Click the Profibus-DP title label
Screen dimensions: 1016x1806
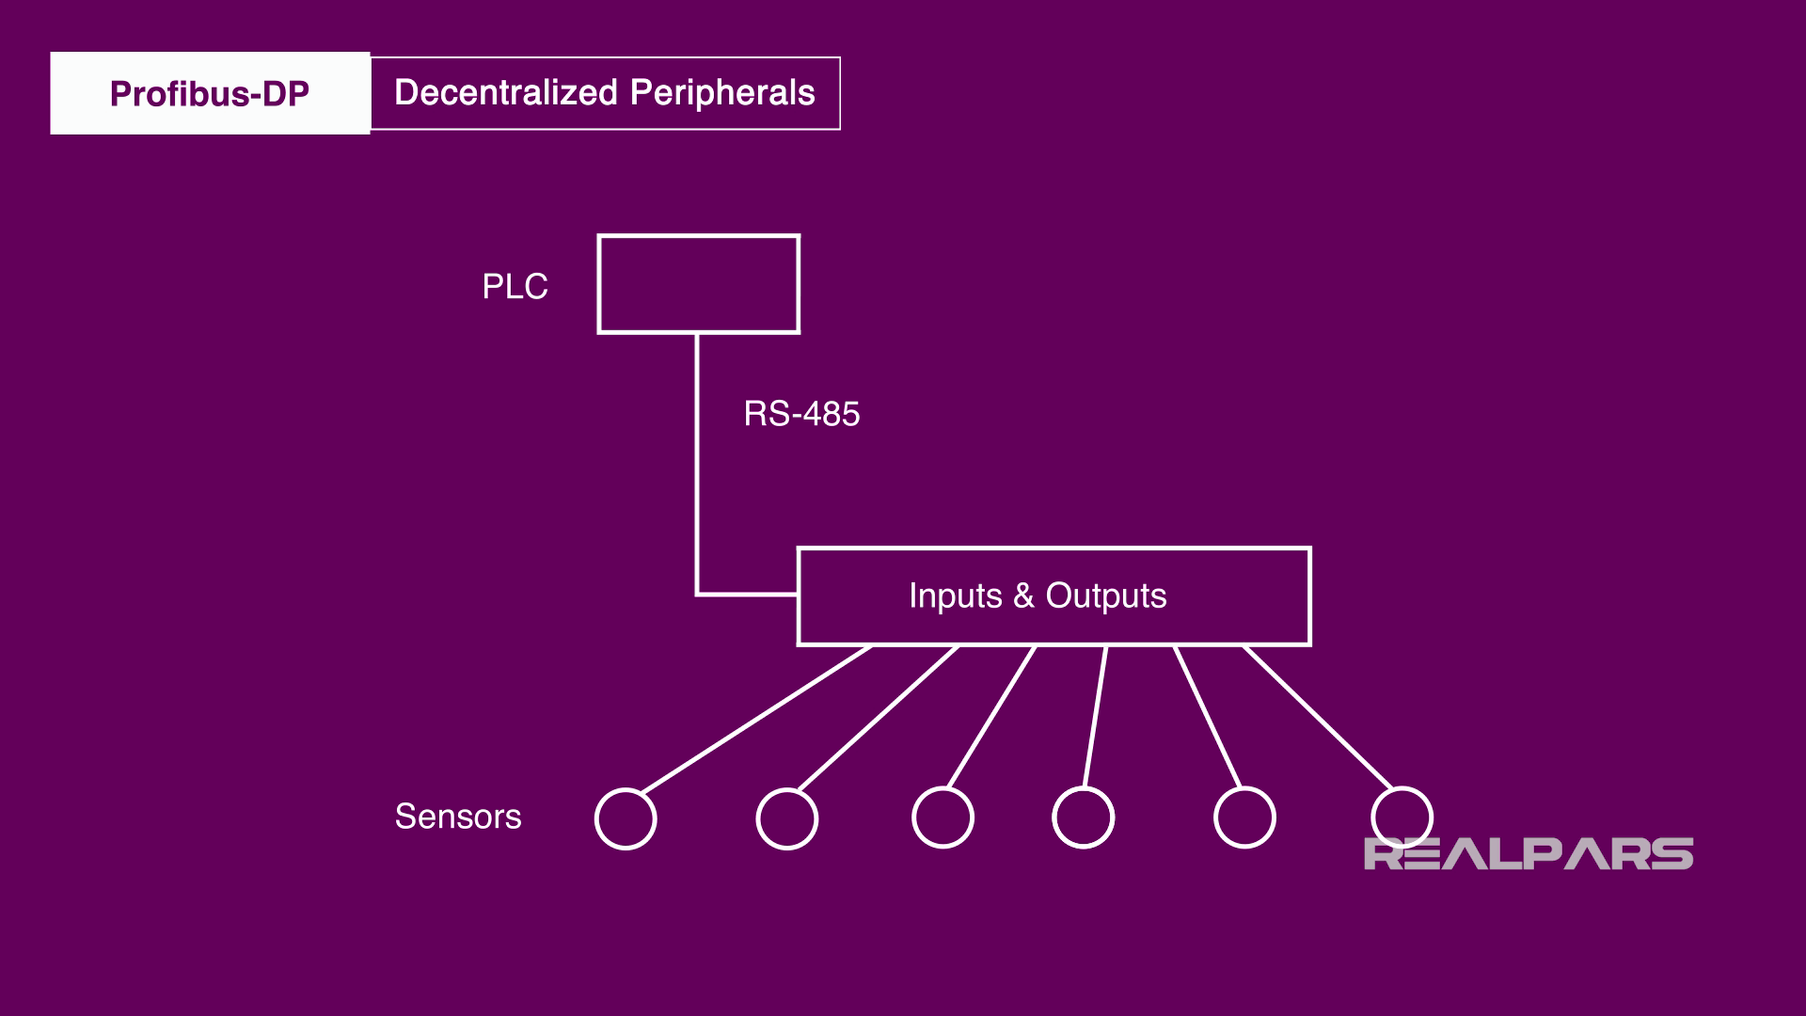tap(209, 94)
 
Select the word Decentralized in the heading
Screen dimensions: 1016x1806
tap(506, 93)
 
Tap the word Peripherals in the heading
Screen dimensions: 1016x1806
tap(722, 93)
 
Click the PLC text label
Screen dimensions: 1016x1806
tap(515, 287)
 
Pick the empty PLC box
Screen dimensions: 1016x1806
tap(698, 284)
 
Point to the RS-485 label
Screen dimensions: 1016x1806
tap(801, 414)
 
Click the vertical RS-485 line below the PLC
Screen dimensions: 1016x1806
tap(697, 461)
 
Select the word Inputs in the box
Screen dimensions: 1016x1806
tap(955, 596)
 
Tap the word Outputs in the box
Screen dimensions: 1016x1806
tap(1106, 596)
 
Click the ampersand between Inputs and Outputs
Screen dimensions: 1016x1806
tap(1023, 596)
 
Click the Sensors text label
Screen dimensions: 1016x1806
tap(458, 817)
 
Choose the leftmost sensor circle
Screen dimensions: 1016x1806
tap(626, 819)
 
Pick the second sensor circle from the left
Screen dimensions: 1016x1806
tap(786, 819)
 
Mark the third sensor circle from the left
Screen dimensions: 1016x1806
tap(943, 818)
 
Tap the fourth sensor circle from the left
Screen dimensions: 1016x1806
tap(1083, 818)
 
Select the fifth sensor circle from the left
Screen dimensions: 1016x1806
tap(1244, 818)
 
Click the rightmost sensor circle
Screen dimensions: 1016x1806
tap(1402, 816)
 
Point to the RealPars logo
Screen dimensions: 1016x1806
tap(1528, 854)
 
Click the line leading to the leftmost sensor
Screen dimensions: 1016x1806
tap(756, 719)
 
